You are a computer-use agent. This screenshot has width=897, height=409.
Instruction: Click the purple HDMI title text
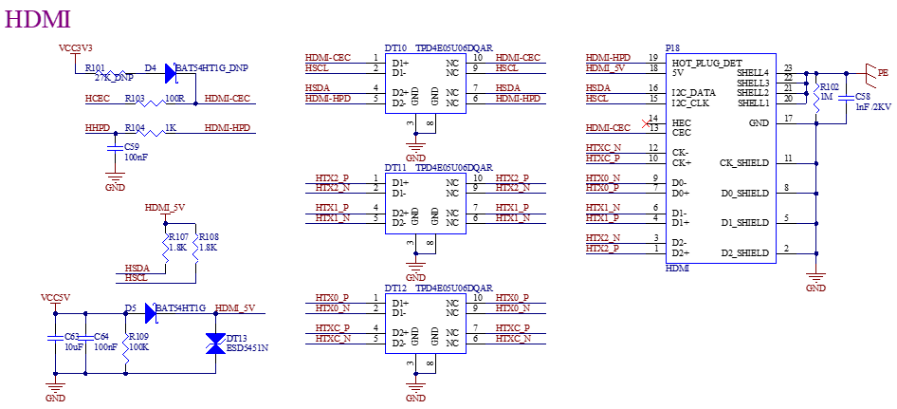[38, 19]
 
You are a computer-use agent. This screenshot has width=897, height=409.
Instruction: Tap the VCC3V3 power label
[76, 47]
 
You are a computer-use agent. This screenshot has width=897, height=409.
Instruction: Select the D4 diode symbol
[171, 73]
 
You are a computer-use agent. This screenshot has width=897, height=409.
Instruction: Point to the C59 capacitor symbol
[116, 149]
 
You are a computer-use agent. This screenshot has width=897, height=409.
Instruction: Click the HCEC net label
[98, 99]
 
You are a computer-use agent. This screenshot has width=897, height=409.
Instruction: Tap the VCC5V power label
[56, 298]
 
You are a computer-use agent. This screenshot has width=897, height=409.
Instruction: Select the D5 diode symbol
[151, 313]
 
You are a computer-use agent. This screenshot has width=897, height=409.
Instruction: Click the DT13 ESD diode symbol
[216, 344]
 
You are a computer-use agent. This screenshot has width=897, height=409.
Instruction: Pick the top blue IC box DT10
[426, 84]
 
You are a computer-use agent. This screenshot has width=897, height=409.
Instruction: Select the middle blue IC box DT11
[426, 203]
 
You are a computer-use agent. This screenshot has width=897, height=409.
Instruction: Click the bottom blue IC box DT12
[426, 324]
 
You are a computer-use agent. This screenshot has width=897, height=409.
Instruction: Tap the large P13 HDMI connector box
[721, 158]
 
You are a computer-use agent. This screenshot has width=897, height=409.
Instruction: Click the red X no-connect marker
[647, 123]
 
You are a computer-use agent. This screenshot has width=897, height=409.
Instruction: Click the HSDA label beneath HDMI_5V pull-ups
[137, 268]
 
